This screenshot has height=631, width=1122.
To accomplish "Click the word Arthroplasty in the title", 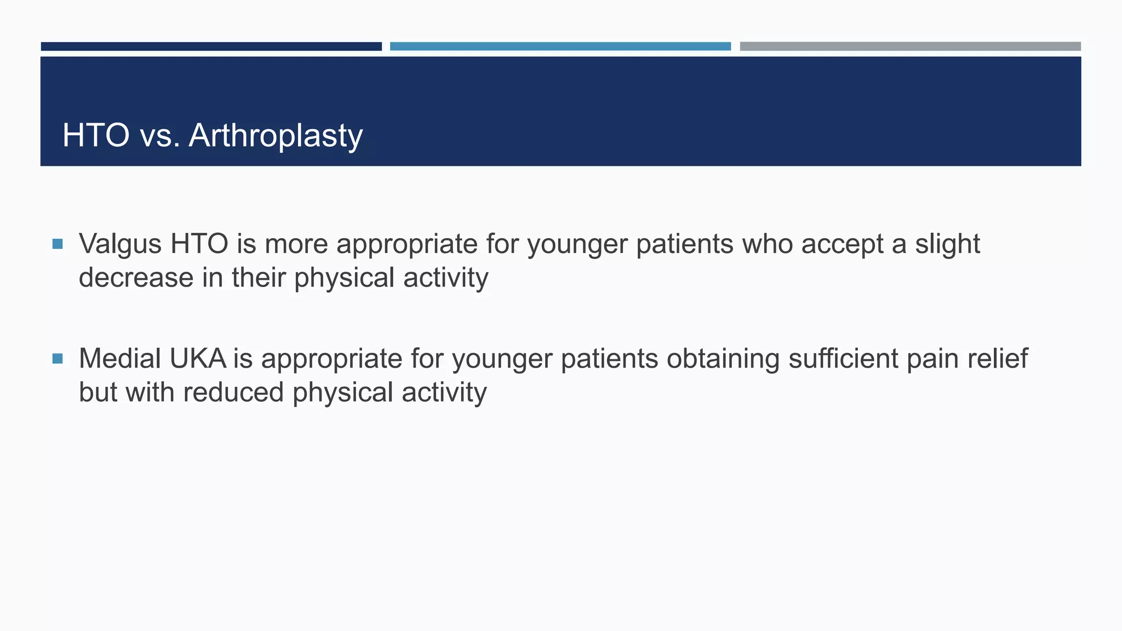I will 276,135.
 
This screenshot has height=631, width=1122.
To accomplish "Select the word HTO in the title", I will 96,135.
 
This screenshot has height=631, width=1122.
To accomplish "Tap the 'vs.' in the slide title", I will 160,135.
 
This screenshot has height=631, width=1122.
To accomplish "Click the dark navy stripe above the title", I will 211,47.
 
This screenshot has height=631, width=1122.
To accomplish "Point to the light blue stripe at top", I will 560,47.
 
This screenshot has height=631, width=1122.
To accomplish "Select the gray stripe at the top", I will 910,47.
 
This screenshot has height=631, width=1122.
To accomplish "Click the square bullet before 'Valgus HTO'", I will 58,244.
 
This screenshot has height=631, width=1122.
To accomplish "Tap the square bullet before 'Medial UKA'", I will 58,359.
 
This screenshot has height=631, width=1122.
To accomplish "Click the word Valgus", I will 120,244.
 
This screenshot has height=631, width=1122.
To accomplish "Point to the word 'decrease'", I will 136,278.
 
